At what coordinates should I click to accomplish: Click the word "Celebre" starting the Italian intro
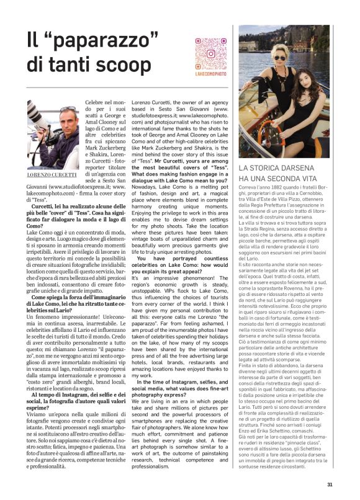(x=95, y=102)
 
